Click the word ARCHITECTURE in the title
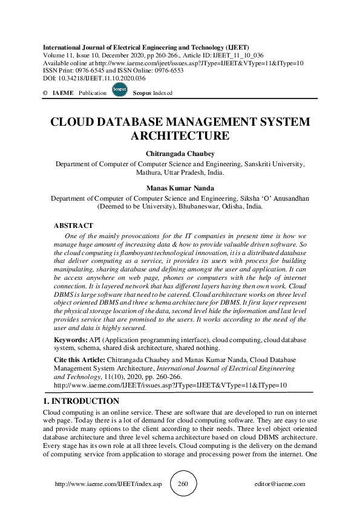click(x=180, y=135)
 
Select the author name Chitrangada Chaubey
click(x=180, y=154)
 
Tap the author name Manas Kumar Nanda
click(x=180, y=187)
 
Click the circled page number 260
click(x=184, y=484)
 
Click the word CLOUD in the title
click(x=74, y=121)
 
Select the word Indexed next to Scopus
click(x=162, y=93)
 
